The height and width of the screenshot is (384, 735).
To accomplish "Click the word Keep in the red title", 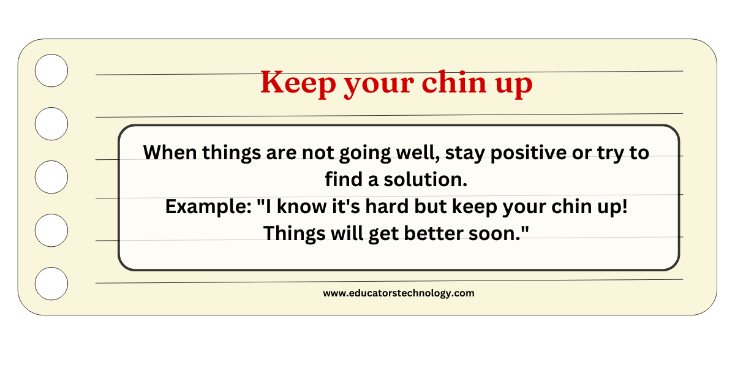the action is point(298,83).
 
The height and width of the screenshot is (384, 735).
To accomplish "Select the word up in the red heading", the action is point(514,86).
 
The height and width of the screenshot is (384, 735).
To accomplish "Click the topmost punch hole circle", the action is point(51,70).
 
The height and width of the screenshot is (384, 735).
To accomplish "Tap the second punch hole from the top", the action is point(51,124).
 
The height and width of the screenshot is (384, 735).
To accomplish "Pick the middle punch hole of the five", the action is point(51,177).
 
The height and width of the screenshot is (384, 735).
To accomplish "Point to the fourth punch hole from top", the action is point(51,230).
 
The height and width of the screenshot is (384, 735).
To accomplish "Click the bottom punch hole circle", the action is point(51,283).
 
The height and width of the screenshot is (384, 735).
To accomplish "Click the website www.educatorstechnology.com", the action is point(399,293).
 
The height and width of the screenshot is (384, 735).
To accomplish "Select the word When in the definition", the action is point(170,152).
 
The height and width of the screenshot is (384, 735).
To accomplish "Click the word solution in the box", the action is point(425,179).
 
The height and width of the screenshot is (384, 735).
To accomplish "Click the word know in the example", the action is point(301,206).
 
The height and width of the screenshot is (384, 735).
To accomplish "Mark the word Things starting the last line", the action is point(295,234).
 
